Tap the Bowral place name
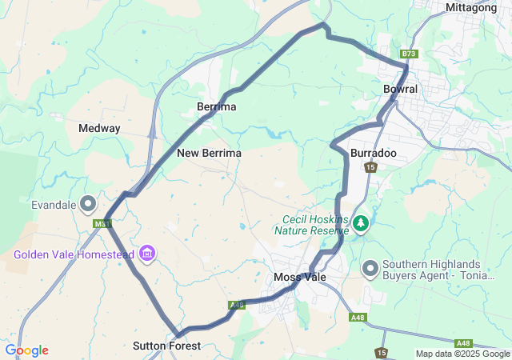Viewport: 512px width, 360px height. tap(400, 89)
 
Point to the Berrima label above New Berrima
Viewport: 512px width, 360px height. tap(217, 106)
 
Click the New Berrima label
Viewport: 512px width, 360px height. tap(210, 152)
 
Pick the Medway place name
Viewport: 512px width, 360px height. tap(99, 128)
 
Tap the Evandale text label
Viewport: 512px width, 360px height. tap(54, 204)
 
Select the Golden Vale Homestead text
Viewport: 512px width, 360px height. tap(73, 254)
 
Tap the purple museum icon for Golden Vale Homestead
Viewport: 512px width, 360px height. tap(146, 254)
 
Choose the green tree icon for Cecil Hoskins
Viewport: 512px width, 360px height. tap(361, 223)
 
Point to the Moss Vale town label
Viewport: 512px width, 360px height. tap(298, 277)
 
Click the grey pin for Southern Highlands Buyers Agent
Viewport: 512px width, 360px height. tap(370, 270)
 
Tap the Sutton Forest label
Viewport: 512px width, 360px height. tap(166, 346)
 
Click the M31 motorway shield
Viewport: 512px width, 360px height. tap(102, 223)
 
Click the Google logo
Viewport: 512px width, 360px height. tap(26, 350)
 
